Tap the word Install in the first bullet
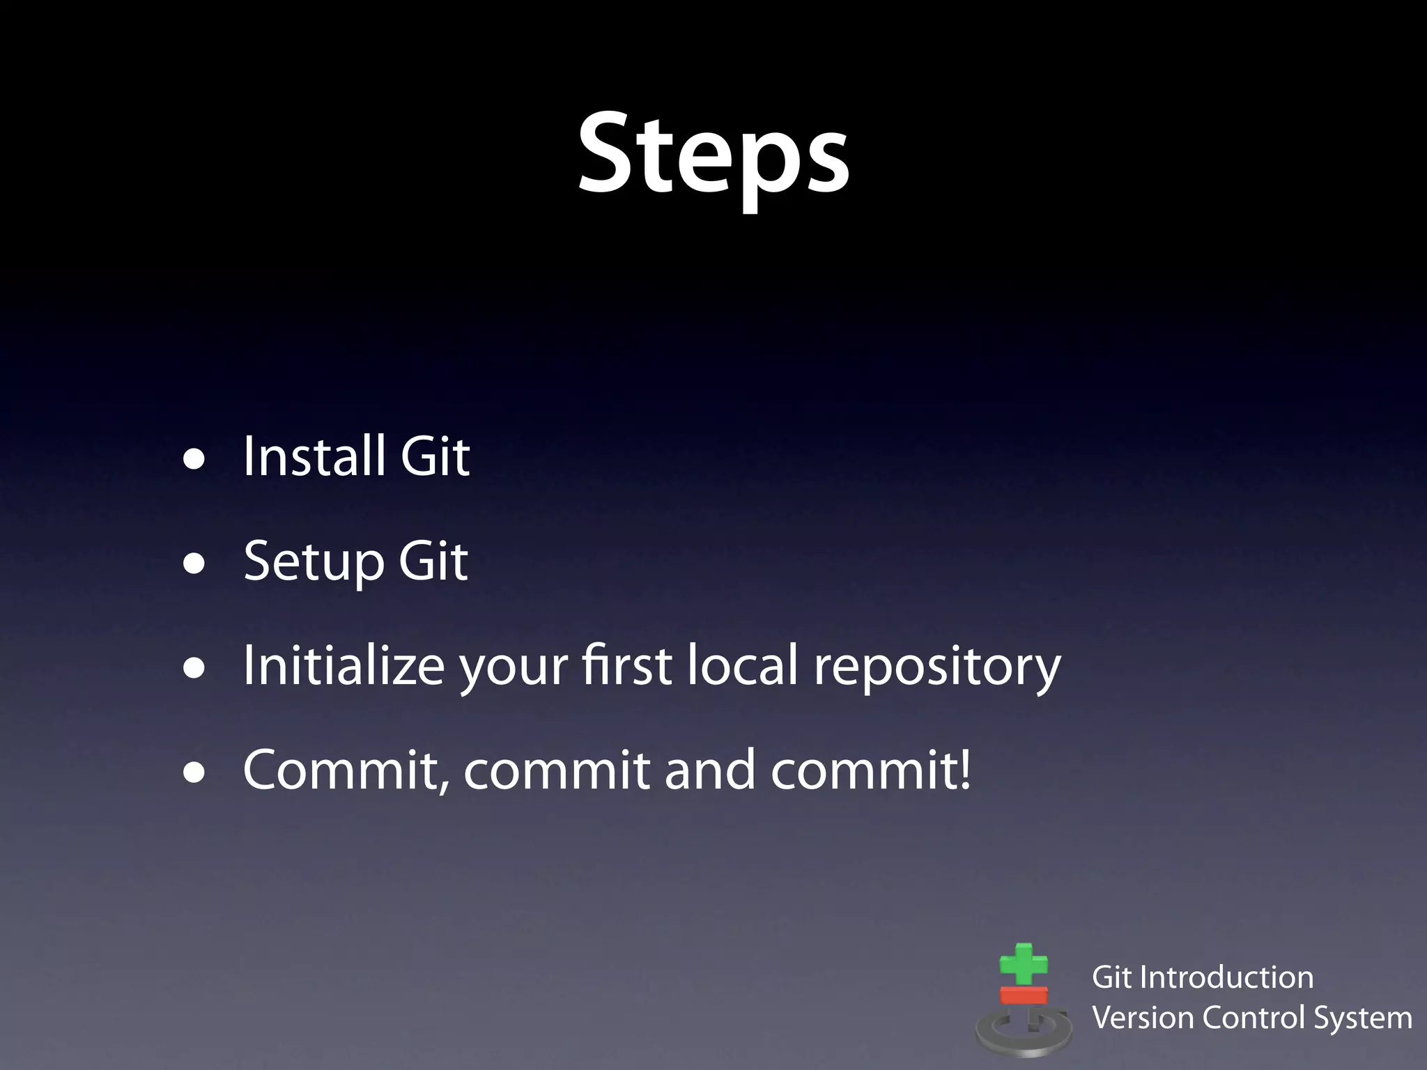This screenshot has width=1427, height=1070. click(314, 456)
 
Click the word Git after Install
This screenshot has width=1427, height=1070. click(435, 456)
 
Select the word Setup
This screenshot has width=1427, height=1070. click(314, 561)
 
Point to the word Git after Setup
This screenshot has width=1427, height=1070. click(433, 561)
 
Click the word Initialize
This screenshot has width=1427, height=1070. click(344, 665)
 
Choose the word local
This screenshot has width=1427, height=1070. click(742, 665)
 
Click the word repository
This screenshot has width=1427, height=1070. click(937, 667)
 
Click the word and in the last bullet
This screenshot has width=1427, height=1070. click(710, 770)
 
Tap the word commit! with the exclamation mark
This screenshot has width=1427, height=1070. click(871, 770)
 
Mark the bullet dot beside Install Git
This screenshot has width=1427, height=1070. click(194, 460)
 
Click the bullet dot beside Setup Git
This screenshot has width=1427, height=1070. click(194, 564)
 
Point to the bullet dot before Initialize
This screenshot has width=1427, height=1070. click(194, 669)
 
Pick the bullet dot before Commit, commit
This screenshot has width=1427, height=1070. click(194, 773)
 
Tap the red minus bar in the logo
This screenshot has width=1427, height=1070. click(1024, 995)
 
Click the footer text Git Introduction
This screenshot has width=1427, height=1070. click(1203, 977)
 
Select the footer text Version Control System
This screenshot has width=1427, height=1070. click(1251, 1018)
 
